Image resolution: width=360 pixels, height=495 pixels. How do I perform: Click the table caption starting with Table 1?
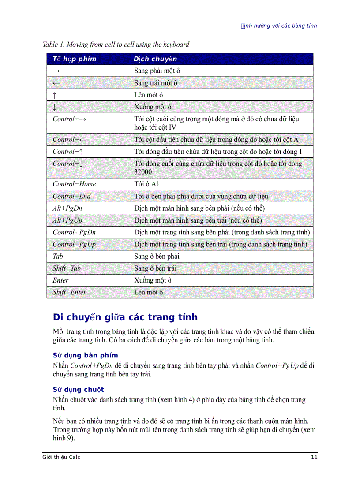(x=116, y=45)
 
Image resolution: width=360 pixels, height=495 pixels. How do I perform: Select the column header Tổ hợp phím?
(x=74, y=59)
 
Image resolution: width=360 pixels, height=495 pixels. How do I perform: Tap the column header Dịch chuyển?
(x=155, y=59)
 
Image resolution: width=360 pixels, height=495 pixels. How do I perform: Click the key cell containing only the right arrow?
(x=56, y=71)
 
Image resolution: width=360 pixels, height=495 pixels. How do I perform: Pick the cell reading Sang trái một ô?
(x=156, y=83)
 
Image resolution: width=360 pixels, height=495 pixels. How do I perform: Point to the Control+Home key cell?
(x=74, y=184)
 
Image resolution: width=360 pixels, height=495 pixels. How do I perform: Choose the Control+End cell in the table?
(x=71, y=197)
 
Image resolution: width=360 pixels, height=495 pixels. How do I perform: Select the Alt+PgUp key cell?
(x=67, y=220)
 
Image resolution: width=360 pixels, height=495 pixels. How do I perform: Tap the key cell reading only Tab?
(x=58, y=257)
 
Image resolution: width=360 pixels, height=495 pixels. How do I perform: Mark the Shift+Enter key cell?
(x=69, y=292)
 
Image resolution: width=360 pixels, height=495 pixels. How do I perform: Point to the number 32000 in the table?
(x=143, y=172)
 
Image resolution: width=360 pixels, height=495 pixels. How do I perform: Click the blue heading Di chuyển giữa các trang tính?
(x=125, y=317)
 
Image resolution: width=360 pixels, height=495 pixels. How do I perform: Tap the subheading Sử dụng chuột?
(x=78, y=390)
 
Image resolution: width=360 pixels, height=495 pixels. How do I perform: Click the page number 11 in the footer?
(x=314, y=457)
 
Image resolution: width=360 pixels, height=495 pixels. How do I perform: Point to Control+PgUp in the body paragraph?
(x=277, y=365)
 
